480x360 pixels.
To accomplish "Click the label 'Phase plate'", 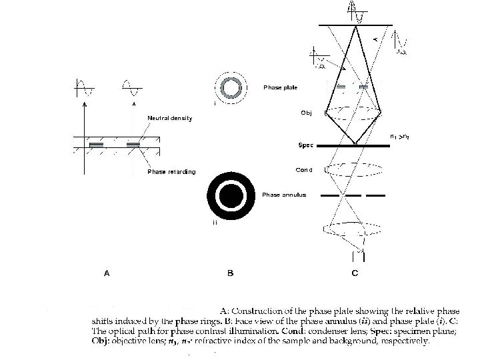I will pos(280,87).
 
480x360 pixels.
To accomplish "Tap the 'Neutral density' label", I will pos(169,119).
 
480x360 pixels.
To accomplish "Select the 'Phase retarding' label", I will pos(171,172).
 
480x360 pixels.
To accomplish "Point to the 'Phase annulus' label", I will pos(284,195).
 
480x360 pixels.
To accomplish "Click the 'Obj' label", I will pos(306,113).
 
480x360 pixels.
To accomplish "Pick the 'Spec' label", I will pos(305,145).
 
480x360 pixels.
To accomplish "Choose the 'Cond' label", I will pos(304,169).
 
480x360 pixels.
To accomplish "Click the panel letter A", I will pos(107,272).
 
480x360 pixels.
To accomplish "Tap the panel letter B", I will pos(230,272).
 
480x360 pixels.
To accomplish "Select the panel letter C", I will pos(355,272).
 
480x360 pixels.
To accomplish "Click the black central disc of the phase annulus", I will pos(231,195).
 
